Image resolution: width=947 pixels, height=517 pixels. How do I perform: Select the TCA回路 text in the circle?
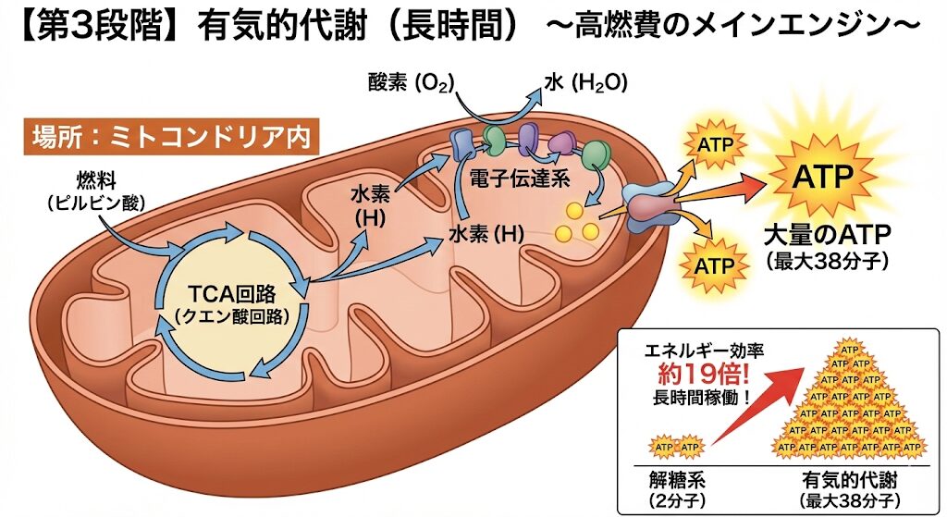pyautogui.click(x=232, y=295)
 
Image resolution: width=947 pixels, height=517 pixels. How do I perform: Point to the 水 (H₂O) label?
pyautogui.click(x=585, y=82)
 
